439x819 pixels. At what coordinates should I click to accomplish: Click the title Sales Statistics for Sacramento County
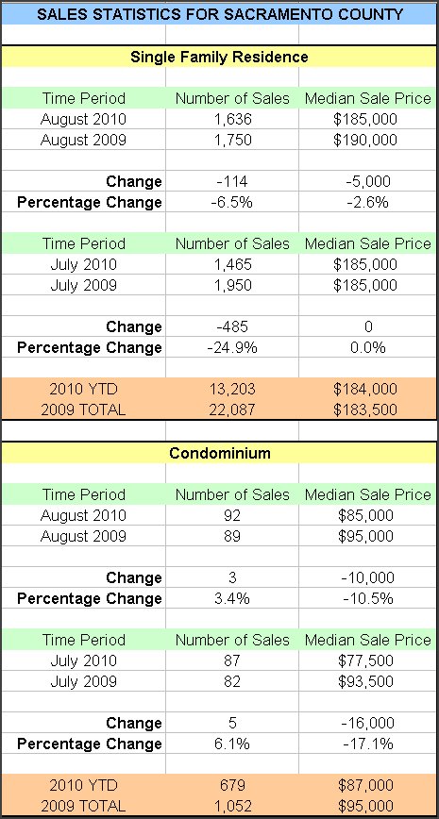click(x=220, y=13)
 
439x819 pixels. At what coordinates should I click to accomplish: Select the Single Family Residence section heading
click(x=219, y=57)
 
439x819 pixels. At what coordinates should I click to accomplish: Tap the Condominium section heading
click(x=219, y=453)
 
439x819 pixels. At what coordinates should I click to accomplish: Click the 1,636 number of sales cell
click(x=232, y=119)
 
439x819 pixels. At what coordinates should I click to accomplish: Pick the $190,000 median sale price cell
click(x=365, y=140)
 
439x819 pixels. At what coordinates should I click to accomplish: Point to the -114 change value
click(x=232, y=181)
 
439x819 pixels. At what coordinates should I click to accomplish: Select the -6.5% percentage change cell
click(x=232, y=202)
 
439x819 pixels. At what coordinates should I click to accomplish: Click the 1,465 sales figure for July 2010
click(x=232, y=264)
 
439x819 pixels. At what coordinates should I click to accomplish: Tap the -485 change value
click(x=232, y=326)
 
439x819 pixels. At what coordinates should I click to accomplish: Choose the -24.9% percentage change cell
click(x=232, y=347)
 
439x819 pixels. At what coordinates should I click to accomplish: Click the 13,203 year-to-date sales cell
click(x=232, y=389)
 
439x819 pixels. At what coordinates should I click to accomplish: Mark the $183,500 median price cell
click(x=365, y=410)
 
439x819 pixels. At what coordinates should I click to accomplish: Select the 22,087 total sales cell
click(x=232, y=410)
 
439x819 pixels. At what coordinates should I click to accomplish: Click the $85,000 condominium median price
click(x=365, y=515)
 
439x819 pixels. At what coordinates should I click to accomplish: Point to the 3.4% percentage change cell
click(x=232, y=598)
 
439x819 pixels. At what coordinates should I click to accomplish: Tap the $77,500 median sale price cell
click(x=365, y=660)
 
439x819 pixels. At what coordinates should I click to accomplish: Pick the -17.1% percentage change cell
click(x=368, y=744)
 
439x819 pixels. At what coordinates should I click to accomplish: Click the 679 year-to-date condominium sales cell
click(x=232, y=785)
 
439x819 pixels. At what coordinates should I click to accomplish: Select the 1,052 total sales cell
click(x=232, y=806)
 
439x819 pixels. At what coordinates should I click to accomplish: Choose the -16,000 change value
click(x=368, y=723)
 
